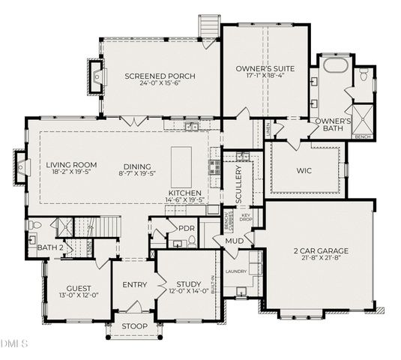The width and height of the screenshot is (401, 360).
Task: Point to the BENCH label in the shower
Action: coord(362,136)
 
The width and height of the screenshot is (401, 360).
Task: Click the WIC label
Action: coord(304,170)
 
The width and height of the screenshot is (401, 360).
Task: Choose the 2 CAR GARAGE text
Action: coord(321,250)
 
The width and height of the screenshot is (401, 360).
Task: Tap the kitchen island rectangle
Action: coord(182,168)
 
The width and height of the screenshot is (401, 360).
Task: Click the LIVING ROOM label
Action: coord(72,166)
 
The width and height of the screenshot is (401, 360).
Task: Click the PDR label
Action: coord(187,228)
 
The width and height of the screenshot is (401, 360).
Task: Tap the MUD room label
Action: coord(234,241)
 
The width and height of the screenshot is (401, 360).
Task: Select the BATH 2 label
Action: coord(51,247)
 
